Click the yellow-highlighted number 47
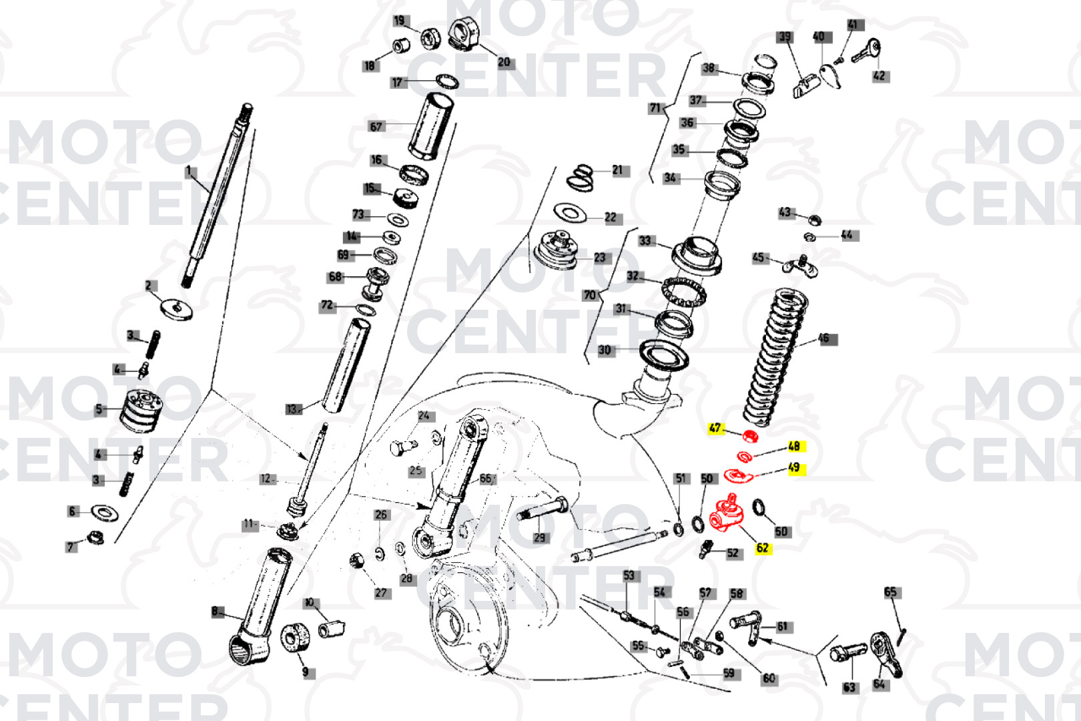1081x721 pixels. [715, 428]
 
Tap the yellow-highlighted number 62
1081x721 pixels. [762, 548]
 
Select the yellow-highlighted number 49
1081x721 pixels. [793, 467]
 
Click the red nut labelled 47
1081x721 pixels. [750, 437]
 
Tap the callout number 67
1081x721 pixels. [376, 126]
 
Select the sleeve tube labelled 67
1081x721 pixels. [431, 126]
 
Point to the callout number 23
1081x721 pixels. [599, 258]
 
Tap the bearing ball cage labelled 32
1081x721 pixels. [685, 291]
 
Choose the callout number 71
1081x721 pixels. [655, 107]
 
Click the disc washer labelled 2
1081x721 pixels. [177, 308]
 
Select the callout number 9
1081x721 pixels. [305, 672]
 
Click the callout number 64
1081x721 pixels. [879, 684]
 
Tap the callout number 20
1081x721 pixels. [504, 62]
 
